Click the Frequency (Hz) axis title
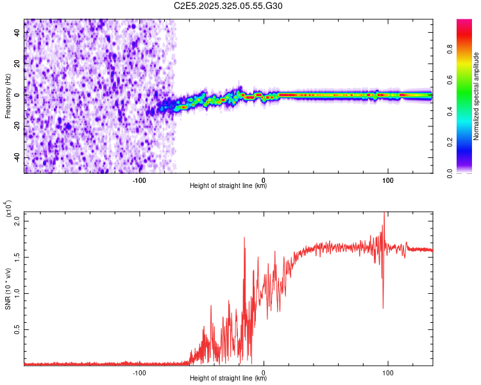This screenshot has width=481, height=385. coord(8,96)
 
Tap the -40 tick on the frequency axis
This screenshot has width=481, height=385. coord(17,157)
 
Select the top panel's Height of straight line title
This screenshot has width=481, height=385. coord(228,186)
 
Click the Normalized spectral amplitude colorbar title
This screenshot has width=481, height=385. coord(477,96)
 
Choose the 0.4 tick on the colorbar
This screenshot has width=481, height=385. coord(467,111)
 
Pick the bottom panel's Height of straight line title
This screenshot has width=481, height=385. coord(228,379)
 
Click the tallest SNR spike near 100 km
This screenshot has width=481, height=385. coord(384,214)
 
